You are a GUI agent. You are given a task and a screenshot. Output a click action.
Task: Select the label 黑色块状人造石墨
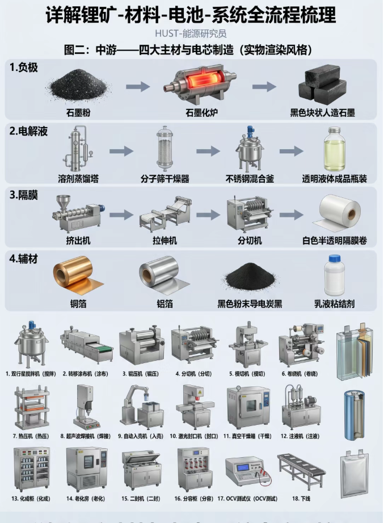click(x=322, y=112)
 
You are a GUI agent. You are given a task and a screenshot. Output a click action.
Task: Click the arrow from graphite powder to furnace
click(x=137, y=86)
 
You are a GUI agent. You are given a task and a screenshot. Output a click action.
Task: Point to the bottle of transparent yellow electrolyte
click(x=334, y=149)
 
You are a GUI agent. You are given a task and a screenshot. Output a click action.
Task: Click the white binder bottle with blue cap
click(x=335, y=276)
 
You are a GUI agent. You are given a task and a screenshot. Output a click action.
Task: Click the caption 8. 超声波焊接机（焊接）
click(x=85, y=436)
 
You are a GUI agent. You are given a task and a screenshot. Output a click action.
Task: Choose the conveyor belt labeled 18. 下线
click(x=301, y=470)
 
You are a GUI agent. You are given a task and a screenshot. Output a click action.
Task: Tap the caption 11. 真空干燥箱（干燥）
click(x=248, y=436)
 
